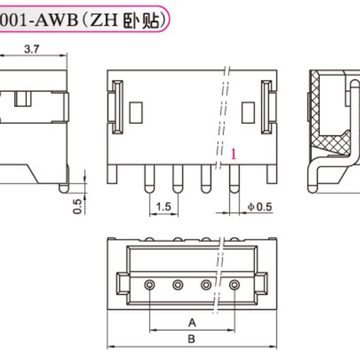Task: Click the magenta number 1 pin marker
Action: tap(233, 154)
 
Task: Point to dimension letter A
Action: tap(192, 323)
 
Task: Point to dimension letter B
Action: tap(192, 339)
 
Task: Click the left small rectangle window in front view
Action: tap(135, 112)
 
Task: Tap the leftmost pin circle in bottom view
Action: tap(149, 284)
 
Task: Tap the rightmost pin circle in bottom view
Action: tap(234, 284)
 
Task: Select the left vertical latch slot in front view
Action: tap(117, 107)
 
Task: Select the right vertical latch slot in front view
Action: tap(267, 107)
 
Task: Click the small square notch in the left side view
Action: tap(21, 98)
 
